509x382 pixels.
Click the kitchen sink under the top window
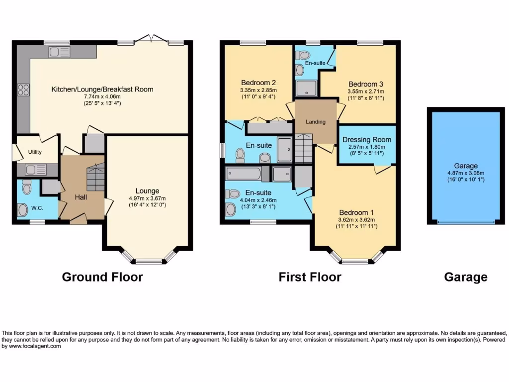point(59,52)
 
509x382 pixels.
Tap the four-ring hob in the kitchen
point(23,90)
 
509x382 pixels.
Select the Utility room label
point(35,152)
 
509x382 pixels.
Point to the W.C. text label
point(38,208)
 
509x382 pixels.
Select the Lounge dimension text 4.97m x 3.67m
point(147,198)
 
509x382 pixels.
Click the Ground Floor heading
point(102,277)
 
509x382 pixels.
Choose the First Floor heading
point(310,277)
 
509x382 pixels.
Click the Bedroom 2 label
point(258,83)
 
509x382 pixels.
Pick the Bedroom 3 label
point(365,84)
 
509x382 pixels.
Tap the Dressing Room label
point(367,140)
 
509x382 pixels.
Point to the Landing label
point(316,122)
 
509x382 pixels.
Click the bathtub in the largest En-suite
point(243,174)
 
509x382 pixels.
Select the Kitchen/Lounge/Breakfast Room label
point(102,90)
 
